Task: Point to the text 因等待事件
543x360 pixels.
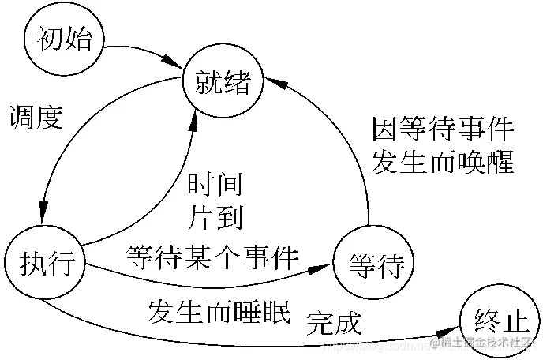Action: pyautogui.click(x=443, y=127)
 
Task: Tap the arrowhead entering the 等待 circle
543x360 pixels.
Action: pyautogui.click(x=323, y=269)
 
